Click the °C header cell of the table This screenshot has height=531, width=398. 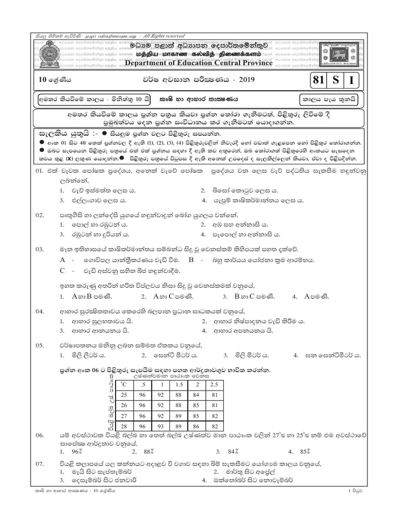(x=123, y=384)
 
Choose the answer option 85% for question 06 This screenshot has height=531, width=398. (x=304, y=451)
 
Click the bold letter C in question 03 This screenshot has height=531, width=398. (x=63, y=270)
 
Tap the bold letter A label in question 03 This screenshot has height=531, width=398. (x=63, y=259)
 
